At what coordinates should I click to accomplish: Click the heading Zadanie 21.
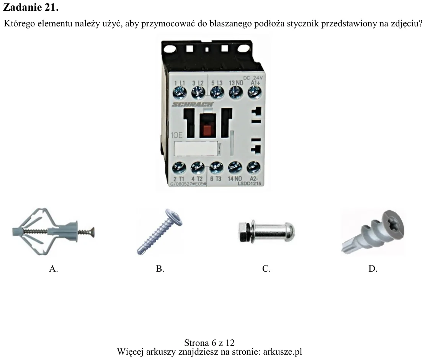[31, 7]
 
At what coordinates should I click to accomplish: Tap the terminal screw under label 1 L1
[180, 93]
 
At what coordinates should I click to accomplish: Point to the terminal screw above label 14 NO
[235, 168]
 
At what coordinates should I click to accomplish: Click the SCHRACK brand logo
[193, 104]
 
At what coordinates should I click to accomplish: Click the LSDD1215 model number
[250, 184]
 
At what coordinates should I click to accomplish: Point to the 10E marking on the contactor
[177, 135]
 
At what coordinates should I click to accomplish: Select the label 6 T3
[216, 179]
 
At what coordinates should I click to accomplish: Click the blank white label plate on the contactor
[196, 148]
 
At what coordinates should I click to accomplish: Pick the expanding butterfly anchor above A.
[54, 232]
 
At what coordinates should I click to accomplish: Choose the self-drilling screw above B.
[160, 231]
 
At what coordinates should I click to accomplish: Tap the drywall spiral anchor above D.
[373, 232]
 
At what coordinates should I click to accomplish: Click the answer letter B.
[160, 269]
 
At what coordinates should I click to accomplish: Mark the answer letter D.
[373, 269]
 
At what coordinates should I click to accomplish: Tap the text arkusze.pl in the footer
[283, 352]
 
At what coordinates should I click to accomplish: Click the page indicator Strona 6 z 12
[209, 343]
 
